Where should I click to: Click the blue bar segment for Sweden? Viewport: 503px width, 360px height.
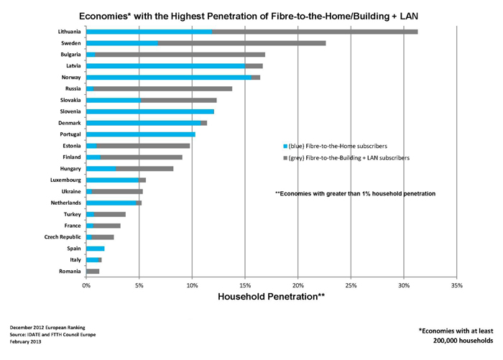tap(122, 43)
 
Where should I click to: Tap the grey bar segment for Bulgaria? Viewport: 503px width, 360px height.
tap(180, 54)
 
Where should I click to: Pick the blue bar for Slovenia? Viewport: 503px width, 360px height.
tap(150, 111)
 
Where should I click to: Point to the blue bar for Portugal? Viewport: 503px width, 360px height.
tap(141, 134)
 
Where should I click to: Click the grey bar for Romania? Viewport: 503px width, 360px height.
tap(93, 271)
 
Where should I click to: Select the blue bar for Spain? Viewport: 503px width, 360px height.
tap(96, 248)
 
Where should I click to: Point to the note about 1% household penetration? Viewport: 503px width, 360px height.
tap(356, 193)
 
